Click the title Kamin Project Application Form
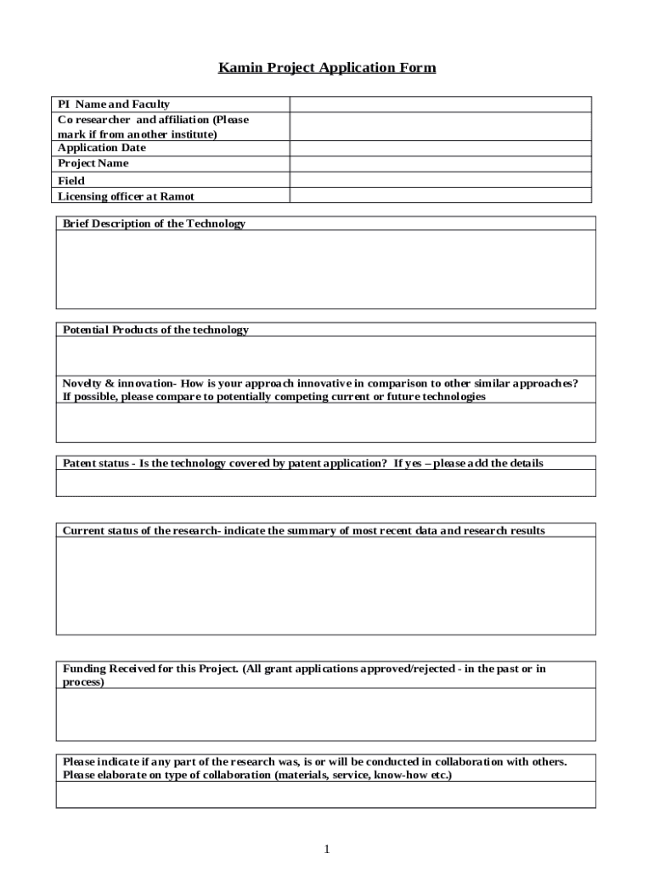(327, 67)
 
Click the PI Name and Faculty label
(114, 105)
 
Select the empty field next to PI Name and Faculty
(440, 105)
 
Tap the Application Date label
(102, 148)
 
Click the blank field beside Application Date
(440, 148)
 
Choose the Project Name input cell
(440, 163)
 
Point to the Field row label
(71, 180)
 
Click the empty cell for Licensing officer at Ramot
(440, 196)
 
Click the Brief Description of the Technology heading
(154, 223)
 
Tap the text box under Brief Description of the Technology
(325, 269)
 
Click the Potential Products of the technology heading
(155, 330)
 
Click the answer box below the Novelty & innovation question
(325, 422)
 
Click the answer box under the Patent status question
(325, 483)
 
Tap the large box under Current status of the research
(325, 586)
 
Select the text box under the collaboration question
(325, 795)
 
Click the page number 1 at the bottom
(326, 850)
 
